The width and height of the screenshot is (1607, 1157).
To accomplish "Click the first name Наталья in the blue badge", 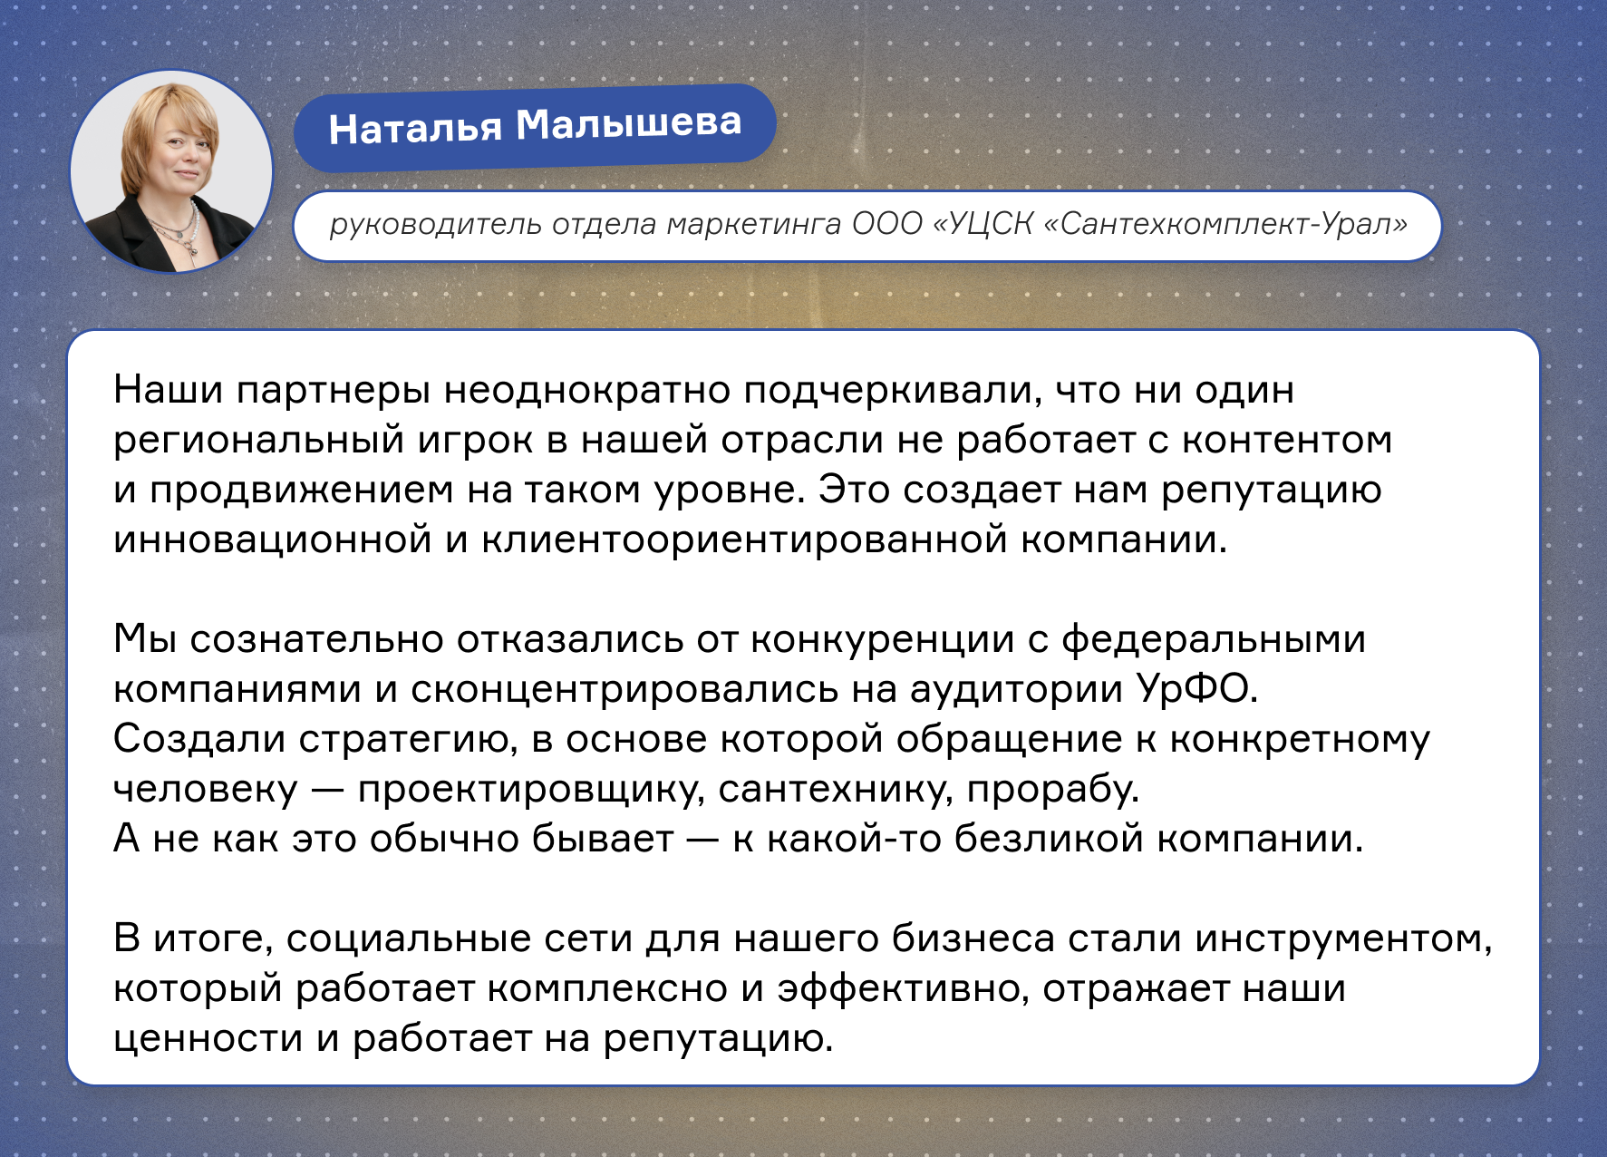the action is point(414,129).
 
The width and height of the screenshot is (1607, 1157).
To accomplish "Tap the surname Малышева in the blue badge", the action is point(629,123).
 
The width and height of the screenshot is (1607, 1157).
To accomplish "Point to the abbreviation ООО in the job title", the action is point(886,223).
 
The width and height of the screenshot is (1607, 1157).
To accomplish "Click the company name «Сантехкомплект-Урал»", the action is point(1225,223).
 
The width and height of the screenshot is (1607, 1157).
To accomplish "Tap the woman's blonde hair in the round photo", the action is point(169,118).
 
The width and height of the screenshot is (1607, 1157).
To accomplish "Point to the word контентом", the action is point(1287,440).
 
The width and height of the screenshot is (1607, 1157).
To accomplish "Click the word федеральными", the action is point(1214,640).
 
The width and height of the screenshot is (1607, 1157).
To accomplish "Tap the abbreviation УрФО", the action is point(1197,689).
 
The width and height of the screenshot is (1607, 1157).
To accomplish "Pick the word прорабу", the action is point(1052,790).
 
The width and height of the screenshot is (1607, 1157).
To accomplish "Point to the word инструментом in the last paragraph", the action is point(1343,939).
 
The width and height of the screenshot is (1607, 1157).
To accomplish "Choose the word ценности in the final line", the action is point(208,1039).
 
